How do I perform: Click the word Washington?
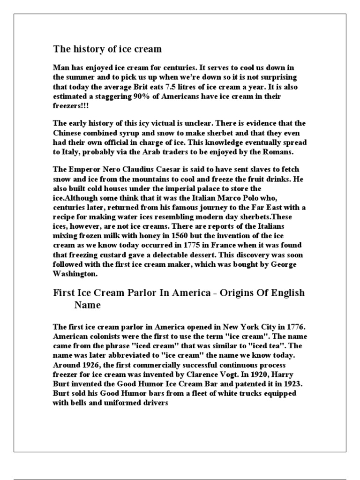75,275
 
